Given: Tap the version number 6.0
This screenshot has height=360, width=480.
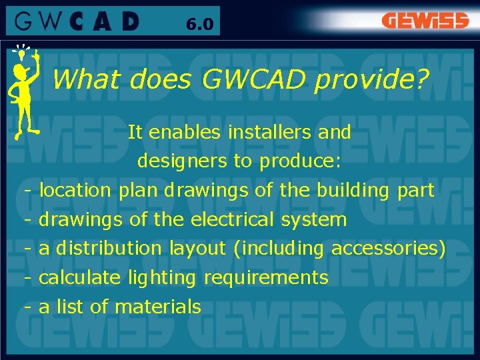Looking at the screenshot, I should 199,25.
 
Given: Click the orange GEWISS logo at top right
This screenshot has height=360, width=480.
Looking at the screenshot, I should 425,21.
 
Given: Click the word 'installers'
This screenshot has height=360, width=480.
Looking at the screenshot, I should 270,132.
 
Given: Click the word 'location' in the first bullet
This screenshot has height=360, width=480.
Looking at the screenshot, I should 75,190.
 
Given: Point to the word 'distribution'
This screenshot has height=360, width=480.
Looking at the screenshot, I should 109,249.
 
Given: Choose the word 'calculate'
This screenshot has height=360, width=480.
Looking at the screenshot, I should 80,277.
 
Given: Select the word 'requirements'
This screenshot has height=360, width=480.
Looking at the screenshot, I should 266,277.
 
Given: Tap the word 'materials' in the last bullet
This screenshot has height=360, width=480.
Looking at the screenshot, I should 158,307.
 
